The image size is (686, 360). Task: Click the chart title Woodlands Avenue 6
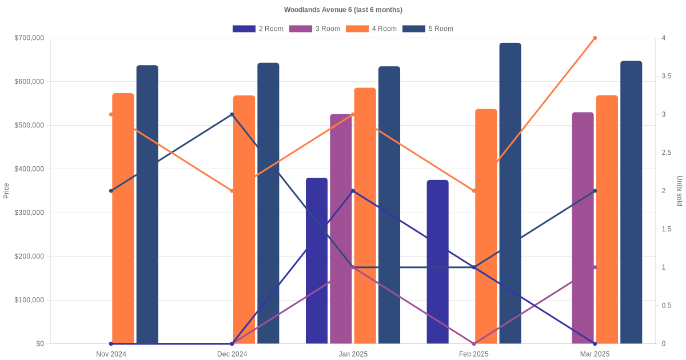343,10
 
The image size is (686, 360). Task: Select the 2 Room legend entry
258,29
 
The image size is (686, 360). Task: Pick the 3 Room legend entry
314,29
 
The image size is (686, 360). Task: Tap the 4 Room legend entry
371,29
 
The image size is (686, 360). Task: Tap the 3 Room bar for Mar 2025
583,228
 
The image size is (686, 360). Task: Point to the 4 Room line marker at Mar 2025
595,38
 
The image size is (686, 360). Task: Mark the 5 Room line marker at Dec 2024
232,115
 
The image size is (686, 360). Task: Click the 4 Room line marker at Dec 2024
232,191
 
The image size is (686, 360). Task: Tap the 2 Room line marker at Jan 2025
353,191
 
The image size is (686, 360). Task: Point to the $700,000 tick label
29,38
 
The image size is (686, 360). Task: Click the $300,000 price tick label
29,213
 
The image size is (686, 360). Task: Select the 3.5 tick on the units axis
667,76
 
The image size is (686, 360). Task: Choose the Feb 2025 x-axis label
474,354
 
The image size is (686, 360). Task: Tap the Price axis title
6,191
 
